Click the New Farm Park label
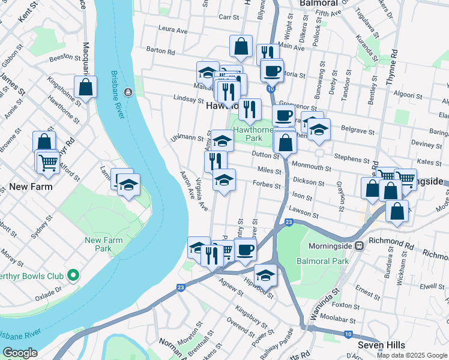pyautogui.click(x=103, y=244)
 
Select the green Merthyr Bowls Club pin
pyautogui.click(x=73, y=276)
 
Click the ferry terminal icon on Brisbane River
pyautogui.click(x=127, y=92)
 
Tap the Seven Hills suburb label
pyautogui.click(x=381, y=345)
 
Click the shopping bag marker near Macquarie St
pyautogui.click(x=86, y=87)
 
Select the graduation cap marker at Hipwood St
pyautogui.click(x=265, y=275)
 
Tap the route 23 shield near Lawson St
pyautogui.click(x=289, y=223)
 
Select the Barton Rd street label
pyautogui.click(x=160, y=52)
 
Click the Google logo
pyautogui.click(x=20, y=353)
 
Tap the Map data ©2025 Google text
pyautogui.click(x=412, y=355)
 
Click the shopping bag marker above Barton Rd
pyautogui.click(x=241, y=46)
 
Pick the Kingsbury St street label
pyautogui.click(x=251, y=317)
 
